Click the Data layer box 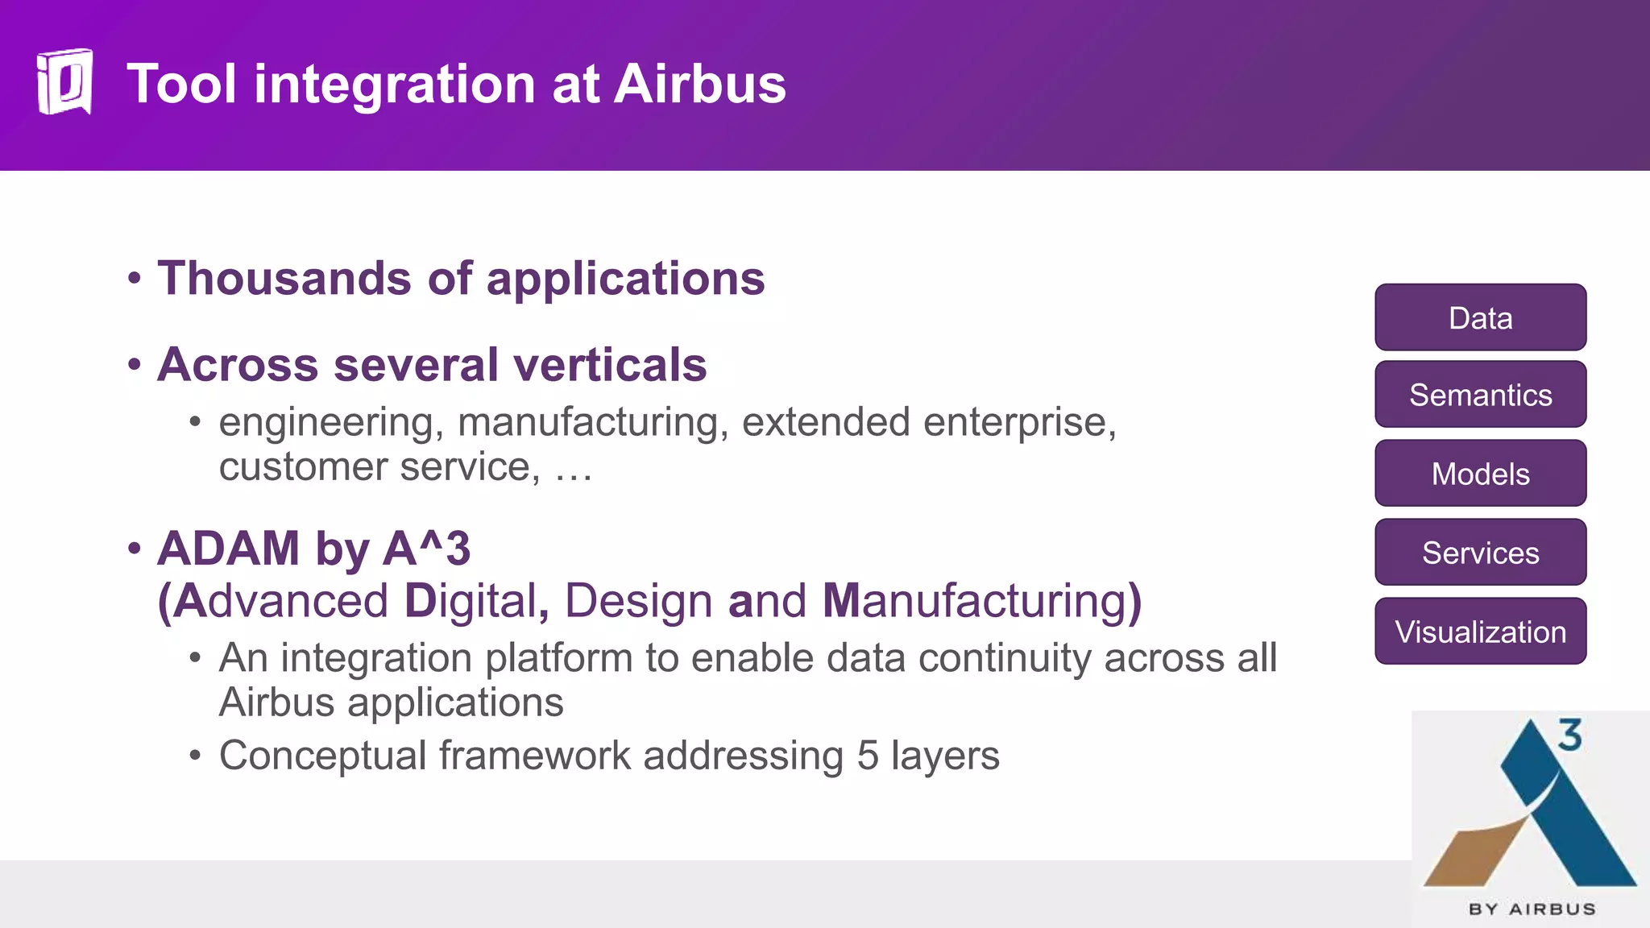(x=1480, y=317)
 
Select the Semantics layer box (x=1480, y=395)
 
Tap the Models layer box (x=1480, y=474)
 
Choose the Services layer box (x=1480, y=553)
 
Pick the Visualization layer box (x=1480, y=632)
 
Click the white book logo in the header (x=64, y=82)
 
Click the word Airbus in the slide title (x=699, y=84)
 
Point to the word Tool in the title (x=182, y=84)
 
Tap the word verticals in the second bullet (x=610, y=364)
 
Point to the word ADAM (x=229, y=549)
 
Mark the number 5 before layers (x=868, y=756)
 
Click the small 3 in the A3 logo (x=1569, y=735)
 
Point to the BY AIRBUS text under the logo (x=1532, y=909)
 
